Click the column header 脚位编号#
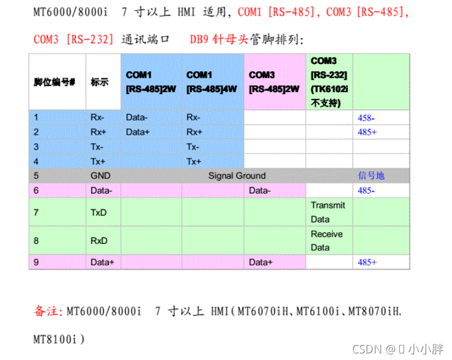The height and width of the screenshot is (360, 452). coord(54,82)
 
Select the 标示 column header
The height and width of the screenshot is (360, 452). coord(100,82)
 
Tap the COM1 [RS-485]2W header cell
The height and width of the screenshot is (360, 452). coord(151,81)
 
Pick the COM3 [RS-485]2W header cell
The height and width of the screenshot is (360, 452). coord(274,81)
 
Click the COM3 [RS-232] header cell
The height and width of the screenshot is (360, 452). coord(329,81)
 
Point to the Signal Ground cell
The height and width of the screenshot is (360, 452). coord(237,176)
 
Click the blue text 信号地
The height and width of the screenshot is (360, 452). coord(371,176)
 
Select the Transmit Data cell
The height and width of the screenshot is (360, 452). coord(328,212)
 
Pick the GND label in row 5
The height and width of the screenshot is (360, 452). coord(100,176)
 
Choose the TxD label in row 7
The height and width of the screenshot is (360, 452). coord(99,212)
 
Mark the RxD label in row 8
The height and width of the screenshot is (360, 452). coord(99,241)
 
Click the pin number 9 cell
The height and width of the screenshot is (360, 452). coord(37,262)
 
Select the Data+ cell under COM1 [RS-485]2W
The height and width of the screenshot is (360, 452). coord(138,132)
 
